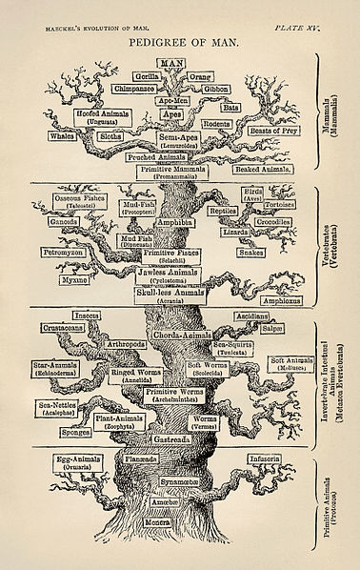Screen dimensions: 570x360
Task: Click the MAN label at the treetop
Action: pyautogui.click(x=172, y=62)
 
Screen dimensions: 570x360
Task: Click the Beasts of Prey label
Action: pyautogui.click(x=268, y=131)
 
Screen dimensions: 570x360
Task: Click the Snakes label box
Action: pyautogui.click(x=250, y=253)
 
